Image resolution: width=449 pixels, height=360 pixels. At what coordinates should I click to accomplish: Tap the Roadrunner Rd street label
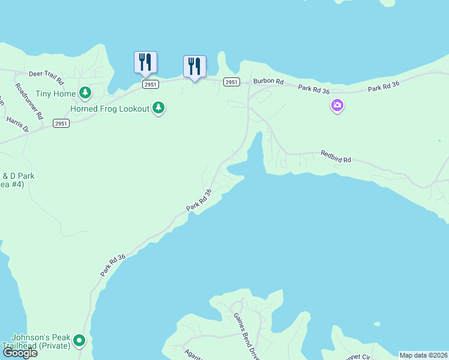tap(29, 101)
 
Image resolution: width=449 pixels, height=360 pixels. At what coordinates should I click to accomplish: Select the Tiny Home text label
tap(56, 94)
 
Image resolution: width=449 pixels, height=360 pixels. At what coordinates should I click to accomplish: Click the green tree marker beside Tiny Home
tap(86, 92)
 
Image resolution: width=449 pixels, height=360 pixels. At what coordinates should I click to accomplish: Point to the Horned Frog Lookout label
tap(109, 109)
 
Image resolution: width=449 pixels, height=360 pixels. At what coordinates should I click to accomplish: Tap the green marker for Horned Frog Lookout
tap(158, 108)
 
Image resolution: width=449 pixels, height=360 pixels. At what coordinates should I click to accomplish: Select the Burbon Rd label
tap(267, 81)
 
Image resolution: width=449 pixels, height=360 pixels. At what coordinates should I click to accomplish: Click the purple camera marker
tap(337, 106)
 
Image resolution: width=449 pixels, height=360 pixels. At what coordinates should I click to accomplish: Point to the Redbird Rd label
tap(335, 157)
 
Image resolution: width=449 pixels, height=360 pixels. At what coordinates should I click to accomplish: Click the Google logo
tap(20, 353)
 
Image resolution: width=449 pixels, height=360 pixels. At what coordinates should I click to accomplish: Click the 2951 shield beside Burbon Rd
tap(231, 82)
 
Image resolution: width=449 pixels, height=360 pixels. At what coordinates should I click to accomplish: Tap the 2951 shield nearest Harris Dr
tap(61, 123)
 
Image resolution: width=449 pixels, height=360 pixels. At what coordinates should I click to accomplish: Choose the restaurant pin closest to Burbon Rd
tap(194, 67)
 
